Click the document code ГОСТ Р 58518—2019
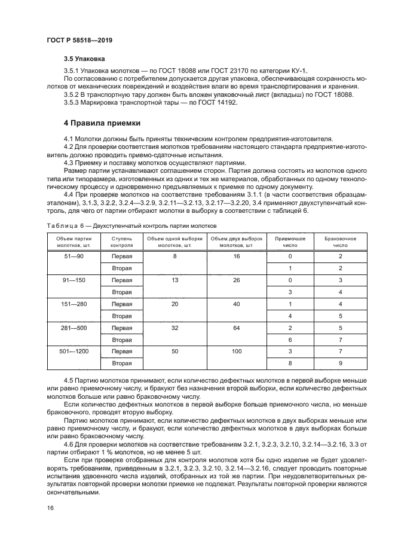(x=79, y=40)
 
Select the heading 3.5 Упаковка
(x=85, y=59)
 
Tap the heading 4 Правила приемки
(x=102, y=123)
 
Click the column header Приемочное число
(x=290, y=242)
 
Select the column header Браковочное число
(x=340, y=242)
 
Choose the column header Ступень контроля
(x=121, y=242)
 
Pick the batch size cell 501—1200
(x=74, y=351)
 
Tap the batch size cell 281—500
(x=74, y=328)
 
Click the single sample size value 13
(x=175, y=280)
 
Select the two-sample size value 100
(x=236, y=352)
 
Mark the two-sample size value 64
(x=236, y=328)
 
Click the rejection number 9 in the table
(x=340, y=363)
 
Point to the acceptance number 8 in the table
(x=290, y=363)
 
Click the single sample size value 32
(x=175, y=328)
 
